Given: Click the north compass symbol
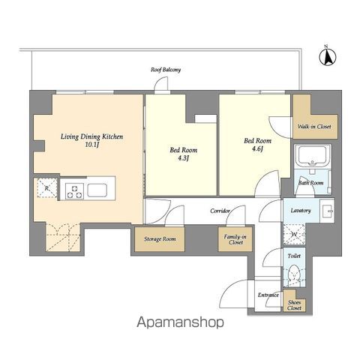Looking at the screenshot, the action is point(328,56).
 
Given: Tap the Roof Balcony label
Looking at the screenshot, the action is point(166,70).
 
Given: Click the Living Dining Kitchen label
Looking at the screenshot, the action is point(91,136).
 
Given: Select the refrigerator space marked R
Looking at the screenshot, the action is point(47,187).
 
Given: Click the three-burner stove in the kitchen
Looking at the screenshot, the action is point(74,191).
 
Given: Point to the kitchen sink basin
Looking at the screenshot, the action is point(97,190).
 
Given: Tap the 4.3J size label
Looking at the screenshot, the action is point(183,158).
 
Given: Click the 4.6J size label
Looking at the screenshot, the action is point(257,149).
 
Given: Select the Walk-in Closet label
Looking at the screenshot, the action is point(314,127).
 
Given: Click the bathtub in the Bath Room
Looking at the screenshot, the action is point(313,154).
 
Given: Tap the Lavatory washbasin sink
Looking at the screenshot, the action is point(327,210).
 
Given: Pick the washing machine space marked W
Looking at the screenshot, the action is point(294,235).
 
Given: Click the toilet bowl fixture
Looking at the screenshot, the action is point(294,274).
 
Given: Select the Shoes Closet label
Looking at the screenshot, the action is point(294,305).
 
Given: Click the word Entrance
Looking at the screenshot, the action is point(268,295).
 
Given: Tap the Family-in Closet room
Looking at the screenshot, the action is point(235,239).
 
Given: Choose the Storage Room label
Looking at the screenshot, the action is point(160,239).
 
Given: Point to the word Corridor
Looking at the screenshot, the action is point(220,211).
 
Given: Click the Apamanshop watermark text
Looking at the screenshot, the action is point(180,322).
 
